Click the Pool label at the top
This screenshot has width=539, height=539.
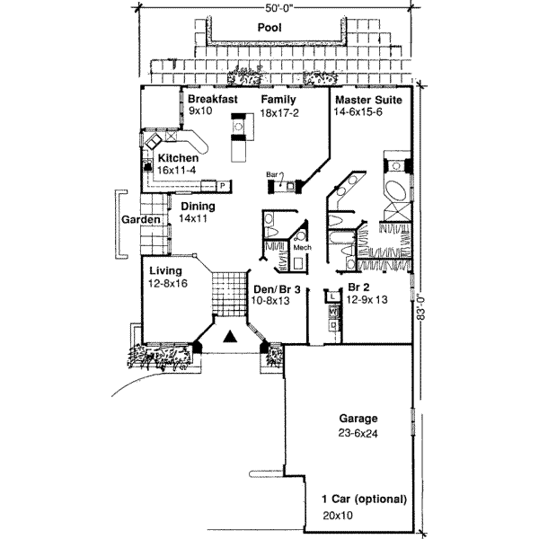click(269, 28)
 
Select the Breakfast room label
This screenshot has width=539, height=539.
click(212, 98)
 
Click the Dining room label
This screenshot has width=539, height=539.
click(197, 206)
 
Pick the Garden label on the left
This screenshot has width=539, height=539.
click(141, 220)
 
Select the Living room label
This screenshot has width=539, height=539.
click(165, 269)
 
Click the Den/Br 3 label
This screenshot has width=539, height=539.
click(276, 288)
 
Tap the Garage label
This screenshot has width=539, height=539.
click(358, 419)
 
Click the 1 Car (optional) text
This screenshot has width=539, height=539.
click(365, 499)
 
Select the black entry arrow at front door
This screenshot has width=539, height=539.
click(230, 337)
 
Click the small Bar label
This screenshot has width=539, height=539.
click(270, 174)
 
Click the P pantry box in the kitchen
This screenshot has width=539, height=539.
click(221, 186)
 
